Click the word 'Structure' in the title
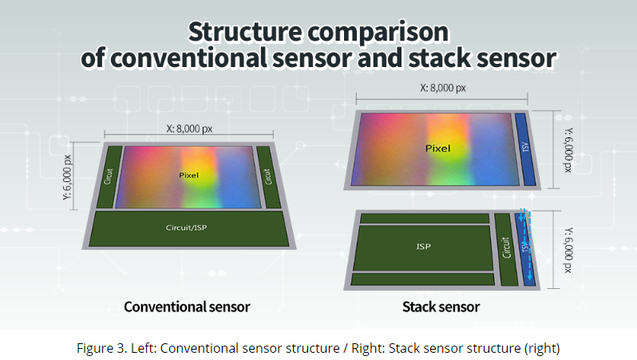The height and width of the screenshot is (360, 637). click(x=245, y=32)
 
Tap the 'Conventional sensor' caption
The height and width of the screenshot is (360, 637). click(x=187, y=307)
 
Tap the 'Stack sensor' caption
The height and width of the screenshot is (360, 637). click(x=441, y=307)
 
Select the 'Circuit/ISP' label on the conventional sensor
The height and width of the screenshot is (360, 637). click(x=186, y=227)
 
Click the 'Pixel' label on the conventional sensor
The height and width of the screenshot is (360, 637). click(x=189, y=175)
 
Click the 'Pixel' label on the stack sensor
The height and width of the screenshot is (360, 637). click(x=437, y=148)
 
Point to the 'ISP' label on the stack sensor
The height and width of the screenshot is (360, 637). click(x=423, y=246)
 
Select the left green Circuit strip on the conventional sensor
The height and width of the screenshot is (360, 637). click(x=109, y=176)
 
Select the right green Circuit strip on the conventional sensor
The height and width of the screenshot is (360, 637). click(x=268, y=176)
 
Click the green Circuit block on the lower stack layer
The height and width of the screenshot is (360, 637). click(x=506, y=249)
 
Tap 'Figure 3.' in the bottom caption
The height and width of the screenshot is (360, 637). click(x=101, y=348)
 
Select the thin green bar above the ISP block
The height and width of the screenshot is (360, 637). click(x=425, y=218)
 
